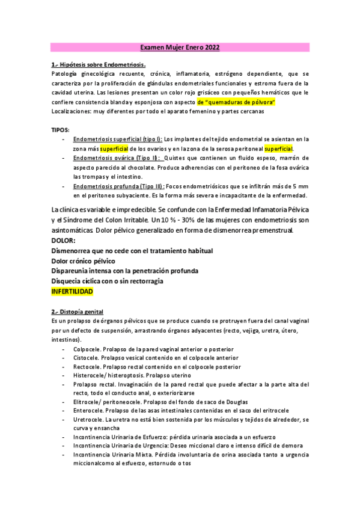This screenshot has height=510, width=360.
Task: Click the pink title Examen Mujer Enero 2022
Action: point(180,46)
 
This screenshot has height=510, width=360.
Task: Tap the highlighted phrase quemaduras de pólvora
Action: point(236,103)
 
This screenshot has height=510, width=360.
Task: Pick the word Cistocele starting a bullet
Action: point(86,357)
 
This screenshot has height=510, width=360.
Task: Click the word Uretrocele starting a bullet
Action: point(88,419)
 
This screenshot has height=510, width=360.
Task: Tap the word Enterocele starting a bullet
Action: point(88,410)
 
